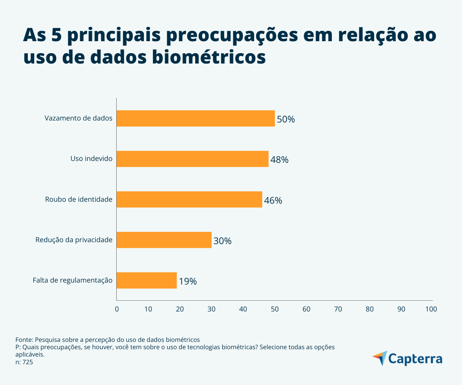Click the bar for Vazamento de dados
coord(196,119)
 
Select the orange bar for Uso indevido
coord(192,159)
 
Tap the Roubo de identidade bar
coord(189,199)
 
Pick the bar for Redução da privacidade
coord(164,240)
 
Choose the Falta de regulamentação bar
coord(146,280)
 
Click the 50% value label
coord(286,119)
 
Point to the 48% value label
coord(279,160)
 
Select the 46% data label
coord(273,201)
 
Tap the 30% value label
coord(222,241)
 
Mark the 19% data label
coord(187,281)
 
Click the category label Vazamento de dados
coord(79,118)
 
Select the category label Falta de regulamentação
coord(73,280)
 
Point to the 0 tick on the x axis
coord(117,309)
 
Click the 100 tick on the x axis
coord(431,309)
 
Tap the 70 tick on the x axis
coord(338,309)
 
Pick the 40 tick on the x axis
coord(243,309)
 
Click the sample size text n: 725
coord(24,362)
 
